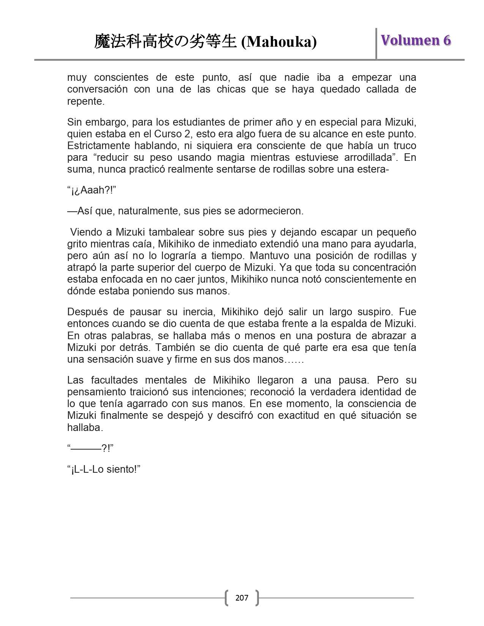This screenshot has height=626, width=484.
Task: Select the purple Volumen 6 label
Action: coord(416,40)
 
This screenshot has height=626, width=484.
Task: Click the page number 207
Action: coord(242,598)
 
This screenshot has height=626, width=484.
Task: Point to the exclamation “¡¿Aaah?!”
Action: coord(91,190)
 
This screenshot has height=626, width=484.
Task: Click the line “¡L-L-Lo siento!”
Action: coord(104,469)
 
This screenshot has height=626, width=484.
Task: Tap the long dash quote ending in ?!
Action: coord(90,448)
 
